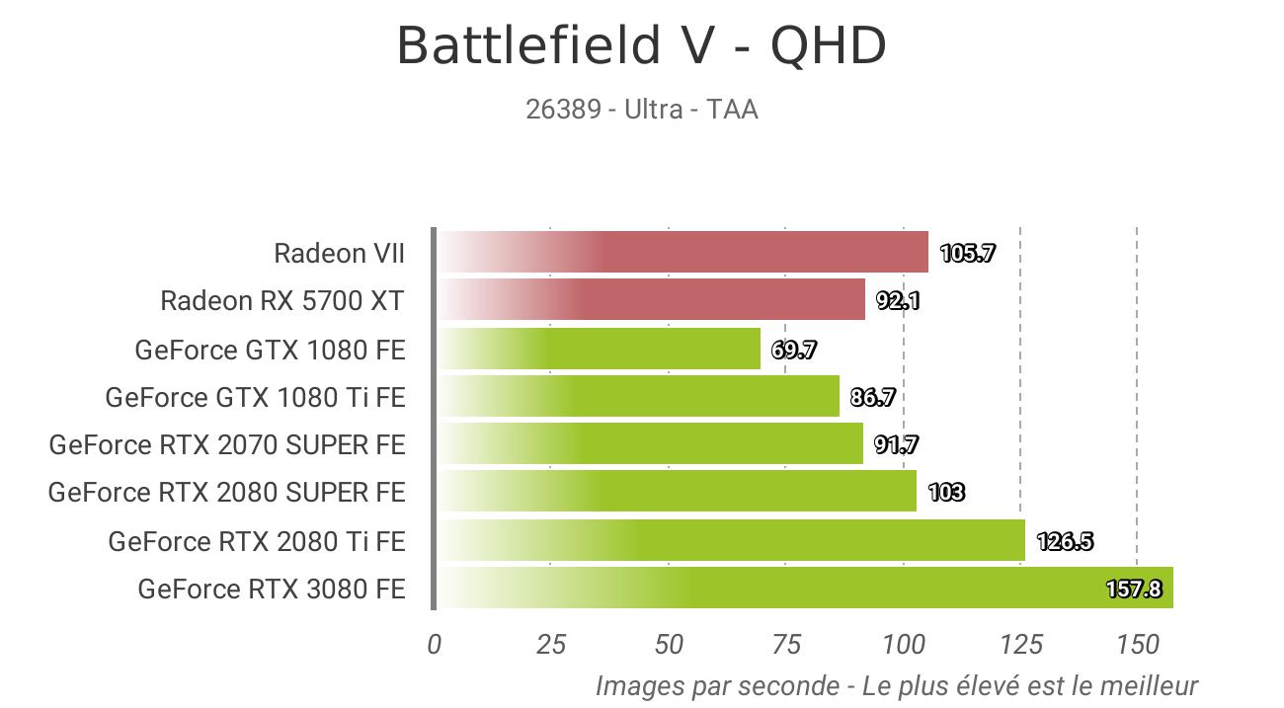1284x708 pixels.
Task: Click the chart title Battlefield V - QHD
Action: coord(641,46)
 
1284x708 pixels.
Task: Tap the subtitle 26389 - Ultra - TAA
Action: coord(641,109)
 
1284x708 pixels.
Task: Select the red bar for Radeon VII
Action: coord(682,252)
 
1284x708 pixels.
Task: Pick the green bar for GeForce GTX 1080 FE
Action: coord(598,349)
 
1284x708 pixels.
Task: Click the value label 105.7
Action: coord(967,253)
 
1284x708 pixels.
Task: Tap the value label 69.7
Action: coord(793,350)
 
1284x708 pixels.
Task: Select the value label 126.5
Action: coord(1064,541)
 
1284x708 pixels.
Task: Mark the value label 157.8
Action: coord(1133,590)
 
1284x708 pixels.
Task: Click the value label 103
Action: coord(946,492)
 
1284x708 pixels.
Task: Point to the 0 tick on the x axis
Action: coord(435,645)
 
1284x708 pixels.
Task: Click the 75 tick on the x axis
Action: coord(785,645)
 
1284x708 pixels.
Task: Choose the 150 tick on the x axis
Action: coord(1137,645)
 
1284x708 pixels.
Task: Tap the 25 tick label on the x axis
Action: coord(551,645)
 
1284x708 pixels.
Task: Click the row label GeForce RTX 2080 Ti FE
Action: coord(257,541)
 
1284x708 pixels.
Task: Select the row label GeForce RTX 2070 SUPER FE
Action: coord(227,445)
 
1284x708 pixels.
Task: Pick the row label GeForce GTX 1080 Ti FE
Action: coord(255,397)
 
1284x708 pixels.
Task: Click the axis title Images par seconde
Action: coord(896,685)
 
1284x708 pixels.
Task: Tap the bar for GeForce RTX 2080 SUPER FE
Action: coord(676,492)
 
